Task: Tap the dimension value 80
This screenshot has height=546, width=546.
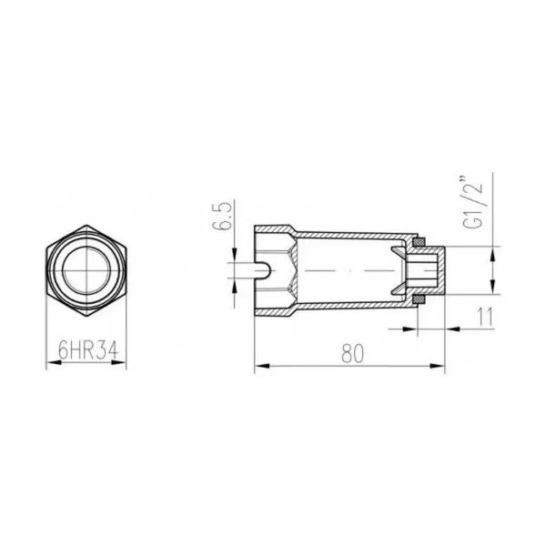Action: coord(352,353)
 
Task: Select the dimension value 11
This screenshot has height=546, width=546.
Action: coord(486,317)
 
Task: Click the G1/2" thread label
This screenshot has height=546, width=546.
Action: coord(473,203)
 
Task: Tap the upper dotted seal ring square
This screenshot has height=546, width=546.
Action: coord(419,242)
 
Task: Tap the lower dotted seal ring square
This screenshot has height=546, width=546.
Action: coord(419,299)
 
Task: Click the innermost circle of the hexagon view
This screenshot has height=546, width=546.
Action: coord(86,270)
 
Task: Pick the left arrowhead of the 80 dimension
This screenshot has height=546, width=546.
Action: coord(262,366)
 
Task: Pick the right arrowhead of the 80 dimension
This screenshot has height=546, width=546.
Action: coord(438,366)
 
